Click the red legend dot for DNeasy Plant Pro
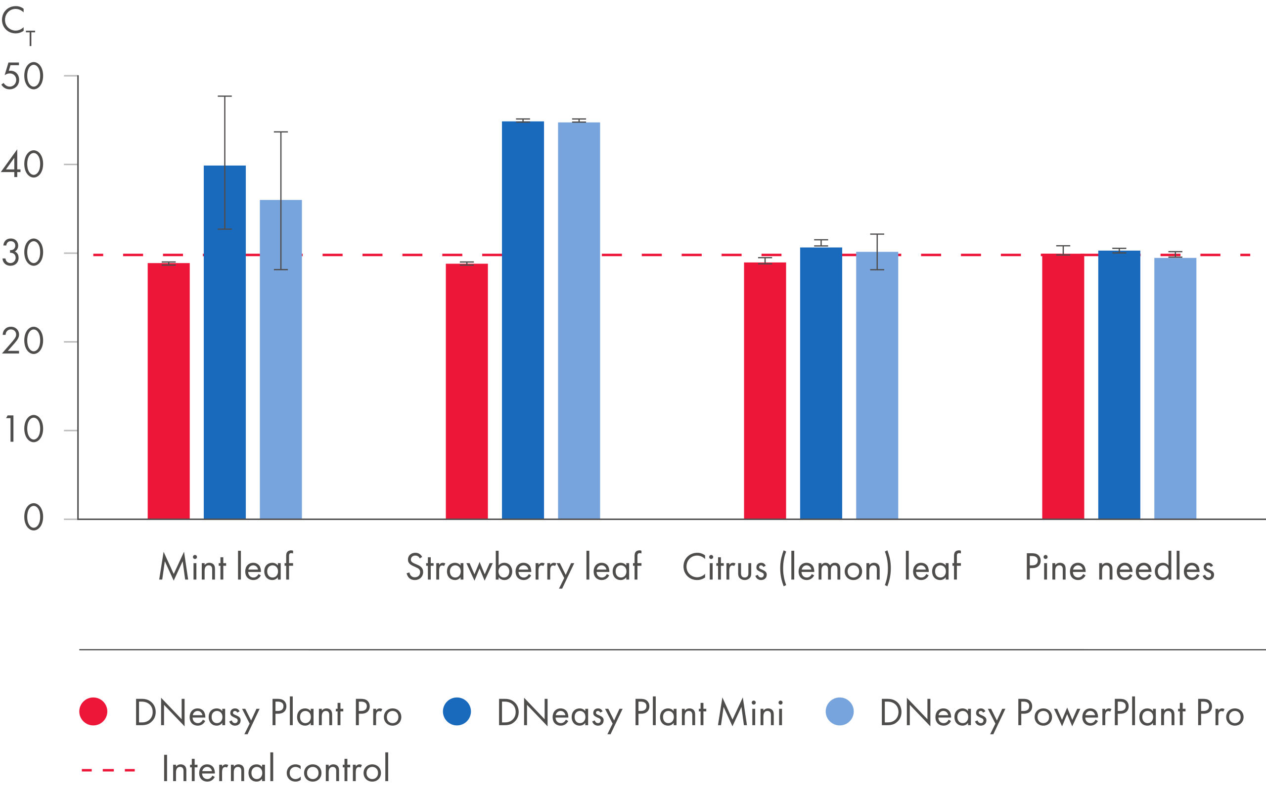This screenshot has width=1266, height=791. [x=93, y=711]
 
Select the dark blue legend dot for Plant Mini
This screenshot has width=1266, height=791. [x=457, y=711]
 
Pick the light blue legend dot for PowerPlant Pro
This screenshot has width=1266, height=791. [x=839, y=711]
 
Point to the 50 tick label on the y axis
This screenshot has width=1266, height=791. [x=22, y=77]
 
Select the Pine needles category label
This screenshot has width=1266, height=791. [x=1119, y=568]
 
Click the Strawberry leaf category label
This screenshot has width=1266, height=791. [x=524, y=568]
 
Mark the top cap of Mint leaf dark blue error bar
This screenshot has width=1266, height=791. [x=225, y=96]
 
